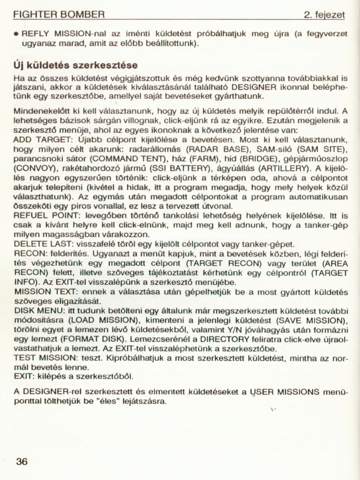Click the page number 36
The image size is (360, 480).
click(x=21, y=462)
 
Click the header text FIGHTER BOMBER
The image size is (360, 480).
click(x=59, y=16)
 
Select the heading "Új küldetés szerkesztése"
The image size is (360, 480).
click(x=76, y=65)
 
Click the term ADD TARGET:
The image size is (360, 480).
click(x=39, y=140)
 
